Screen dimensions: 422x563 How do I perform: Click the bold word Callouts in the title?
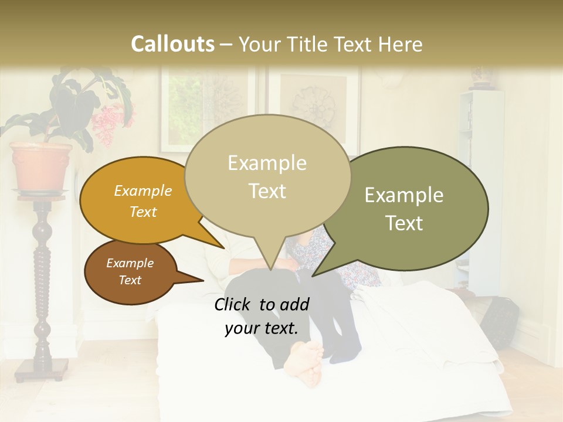coord(172,44)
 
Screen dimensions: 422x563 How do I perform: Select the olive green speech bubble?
coord(411,209)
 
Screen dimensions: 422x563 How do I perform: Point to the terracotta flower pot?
coord(42,166)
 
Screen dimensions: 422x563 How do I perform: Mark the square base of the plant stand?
coord(42,369)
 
